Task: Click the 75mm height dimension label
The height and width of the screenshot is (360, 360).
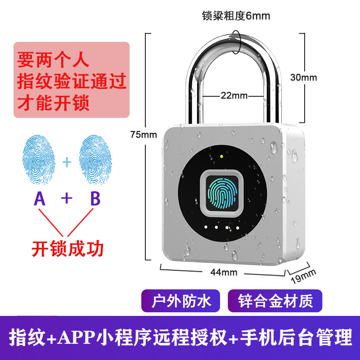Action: tap(142, 134)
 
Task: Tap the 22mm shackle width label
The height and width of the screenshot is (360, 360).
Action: tap(234, 95)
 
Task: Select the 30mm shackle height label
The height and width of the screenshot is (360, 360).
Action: tap(303, 77)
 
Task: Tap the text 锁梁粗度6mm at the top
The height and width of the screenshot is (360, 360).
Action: tap(236, 17)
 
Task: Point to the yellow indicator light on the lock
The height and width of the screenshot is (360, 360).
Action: tap(222, 157)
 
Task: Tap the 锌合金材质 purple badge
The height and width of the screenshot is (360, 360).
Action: tap(275, 301)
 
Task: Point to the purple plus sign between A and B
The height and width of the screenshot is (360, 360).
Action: tap(67, 198)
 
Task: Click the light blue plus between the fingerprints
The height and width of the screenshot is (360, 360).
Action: tap(67, 161)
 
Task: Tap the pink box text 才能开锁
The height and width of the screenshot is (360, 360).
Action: tap(54, 103)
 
